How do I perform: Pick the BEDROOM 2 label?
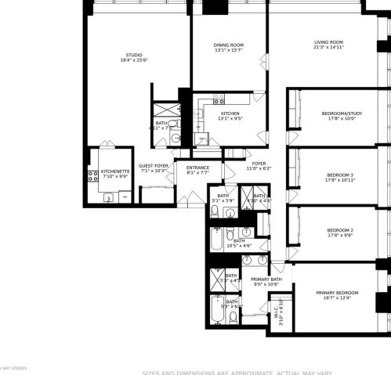[340, 232]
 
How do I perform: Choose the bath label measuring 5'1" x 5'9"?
[223, 198]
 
